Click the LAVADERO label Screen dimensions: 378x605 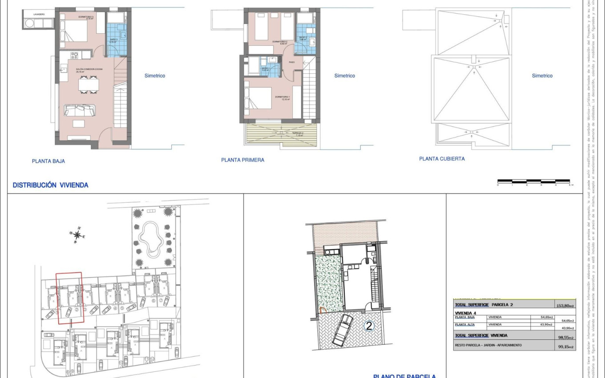39,15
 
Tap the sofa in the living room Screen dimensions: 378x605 79,110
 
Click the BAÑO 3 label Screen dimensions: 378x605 113,40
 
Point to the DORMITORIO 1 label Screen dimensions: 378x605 282,97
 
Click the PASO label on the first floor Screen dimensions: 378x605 292,62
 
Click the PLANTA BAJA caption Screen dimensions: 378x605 48,161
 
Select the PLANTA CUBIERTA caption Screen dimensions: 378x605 442,159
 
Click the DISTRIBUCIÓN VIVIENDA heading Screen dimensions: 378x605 50,185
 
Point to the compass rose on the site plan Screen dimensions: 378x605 77,235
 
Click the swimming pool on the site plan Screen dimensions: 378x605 151,238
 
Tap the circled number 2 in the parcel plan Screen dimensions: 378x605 368,326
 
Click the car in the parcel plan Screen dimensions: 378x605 342,330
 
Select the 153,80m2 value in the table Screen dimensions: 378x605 565,306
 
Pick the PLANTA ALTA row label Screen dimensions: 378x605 465,325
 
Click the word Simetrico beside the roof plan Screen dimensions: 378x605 542,76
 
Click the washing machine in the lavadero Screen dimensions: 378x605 30,23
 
